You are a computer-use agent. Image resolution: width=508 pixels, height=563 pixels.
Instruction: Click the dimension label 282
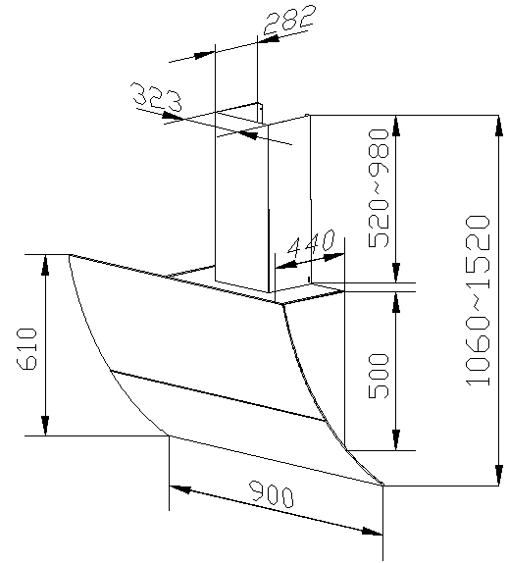[290, 19]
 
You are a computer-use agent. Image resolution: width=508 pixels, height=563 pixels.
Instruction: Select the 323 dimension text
[157, 96]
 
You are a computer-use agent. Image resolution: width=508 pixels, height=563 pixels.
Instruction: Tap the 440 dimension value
[311, 244]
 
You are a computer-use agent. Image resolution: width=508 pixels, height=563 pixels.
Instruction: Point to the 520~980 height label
[379, 188]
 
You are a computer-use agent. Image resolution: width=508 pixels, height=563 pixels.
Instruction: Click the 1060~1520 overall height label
[478, 301]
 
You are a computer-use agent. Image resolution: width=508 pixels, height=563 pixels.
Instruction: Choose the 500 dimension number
[379, 376]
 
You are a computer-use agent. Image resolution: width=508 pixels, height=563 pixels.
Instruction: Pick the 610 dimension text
[27, 349]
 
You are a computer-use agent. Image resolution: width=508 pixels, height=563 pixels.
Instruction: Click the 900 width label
[272, 494]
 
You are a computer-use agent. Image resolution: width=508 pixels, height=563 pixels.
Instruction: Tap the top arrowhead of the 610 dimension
[45, 265]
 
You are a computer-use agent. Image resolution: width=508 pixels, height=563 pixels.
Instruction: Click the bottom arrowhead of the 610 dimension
[45, 426]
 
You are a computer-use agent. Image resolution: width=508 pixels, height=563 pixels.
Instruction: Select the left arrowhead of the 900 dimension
[179, 488]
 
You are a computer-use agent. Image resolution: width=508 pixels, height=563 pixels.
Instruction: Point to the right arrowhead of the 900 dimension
[372, 532]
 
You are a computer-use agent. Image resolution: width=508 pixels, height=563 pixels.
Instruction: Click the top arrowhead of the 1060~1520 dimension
[498, 126]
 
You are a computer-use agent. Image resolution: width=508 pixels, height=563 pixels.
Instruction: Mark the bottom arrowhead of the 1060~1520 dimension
[498, 475]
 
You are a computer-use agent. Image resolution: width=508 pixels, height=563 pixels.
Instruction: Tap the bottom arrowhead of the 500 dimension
[396, 439]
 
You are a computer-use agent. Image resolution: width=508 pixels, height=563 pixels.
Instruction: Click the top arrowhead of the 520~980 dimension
[396, 126]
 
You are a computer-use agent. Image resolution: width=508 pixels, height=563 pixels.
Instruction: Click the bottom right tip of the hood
[382, 485]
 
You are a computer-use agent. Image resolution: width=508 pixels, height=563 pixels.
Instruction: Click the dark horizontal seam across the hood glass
[219, 395]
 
